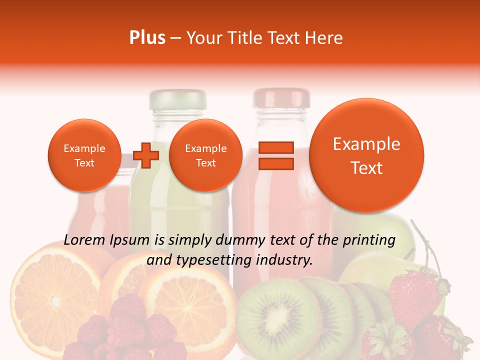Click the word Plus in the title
[147, 37]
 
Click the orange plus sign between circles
[146, 155]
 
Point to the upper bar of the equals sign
[275, 147]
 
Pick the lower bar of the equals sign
[275, 163]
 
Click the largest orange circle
[366, 155]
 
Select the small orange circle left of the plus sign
[84, 155]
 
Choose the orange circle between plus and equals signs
[205, 155]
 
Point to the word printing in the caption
[368, 240]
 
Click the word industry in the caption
[286, 260]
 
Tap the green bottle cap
[178, 99]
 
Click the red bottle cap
[281, 98]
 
